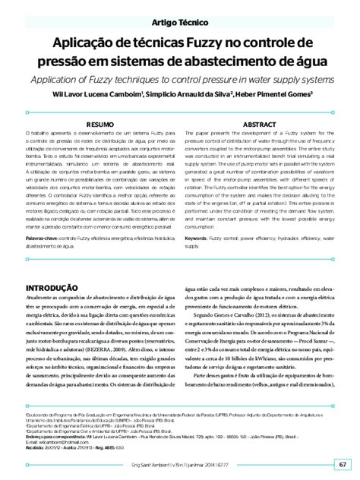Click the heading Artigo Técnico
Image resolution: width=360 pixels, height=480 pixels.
tap(179, 24)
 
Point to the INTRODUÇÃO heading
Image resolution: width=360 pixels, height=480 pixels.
tap(58, 287)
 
